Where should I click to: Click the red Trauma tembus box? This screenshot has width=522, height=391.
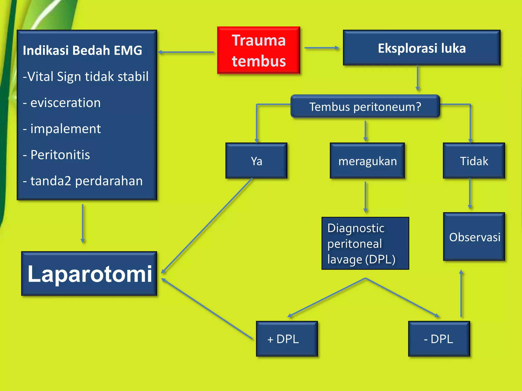258,50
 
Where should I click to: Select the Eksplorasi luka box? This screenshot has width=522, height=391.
422,48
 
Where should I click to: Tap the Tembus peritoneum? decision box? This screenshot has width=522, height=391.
365,106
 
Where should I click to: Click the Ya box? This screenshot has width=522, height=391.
256,161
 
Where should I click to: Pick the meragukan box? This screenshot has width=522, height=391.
367,161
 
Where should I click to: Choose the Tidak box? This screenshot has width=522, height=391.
474,161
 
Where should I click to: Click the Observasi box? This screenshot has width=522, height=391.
474,237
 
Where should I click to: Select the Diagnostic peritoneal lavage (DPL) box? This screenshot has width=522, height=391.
365,243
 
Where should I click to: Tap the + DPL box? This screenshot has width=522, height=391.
286,339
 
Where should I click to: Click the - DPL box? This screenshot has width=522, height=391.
439,339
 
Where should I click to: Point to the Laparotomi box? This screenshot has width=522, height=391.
89,274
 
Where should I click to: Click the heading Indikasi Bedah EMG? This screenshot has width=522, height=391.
82,50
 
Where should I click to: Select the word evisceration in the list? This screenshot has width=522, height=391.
65,103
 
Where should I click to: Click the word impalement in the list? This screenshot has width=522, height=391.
66,129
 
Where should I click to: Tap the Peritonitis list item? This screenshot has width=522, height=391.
60,155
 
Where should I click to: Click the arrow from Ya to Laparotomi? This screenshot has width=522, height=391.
206,226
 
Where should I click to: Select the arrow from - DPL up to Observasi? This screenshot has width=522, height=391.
461,294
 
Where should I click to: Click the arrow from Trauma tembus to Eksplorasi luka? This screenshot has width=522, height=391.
321,48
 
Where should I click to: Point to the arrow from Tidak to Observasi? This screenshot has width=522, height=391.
470,193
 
